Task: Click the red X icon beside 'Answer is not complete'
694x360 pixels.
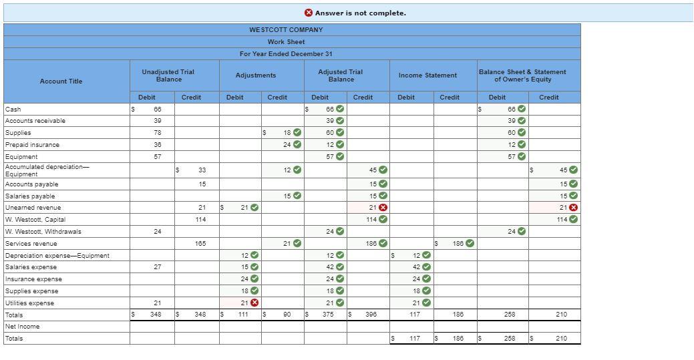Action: point(309,13)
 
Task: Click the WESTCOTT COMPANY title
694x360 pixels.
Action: point(286,30)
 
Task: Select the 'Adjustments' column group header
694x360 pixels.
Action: point(256,75)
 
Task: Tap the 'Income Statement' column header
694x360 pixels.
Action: point(427,75)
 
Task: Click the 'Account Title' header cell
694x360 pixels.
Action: point(61,81)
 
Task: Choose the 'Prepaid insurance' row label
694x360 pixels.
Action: point(32,145)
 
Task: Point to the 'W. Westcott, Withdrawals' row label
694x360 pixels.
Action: point(43,232)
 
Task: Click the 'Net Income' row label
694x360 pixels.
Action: point(22,327)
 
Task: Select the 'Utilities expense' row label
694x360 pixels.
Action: point(30,303)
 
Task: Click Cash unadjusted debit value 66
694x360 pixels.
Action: point(158,109)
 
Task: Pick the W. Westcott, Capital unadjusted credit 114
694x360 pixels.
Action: point(200,220)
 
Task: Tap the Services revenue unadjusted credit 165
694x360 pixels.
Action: point(200,244)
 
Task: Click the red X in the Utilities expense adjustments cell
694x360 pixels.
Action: point(254,303)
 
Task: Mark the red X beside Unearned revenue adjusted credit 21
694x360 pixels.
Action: point(383,208)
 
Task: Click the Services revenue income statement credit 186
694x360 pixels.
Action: point(458,244)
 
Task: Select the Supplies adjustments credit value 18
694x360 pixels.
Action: point(287,133)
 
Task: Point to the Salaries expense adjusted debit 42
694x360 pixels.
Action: point(330,267)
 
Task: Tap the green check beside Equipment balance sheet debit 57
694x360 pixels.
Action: point(522,157)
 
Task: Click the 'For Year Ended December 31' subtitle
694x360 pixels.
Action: point(286,54)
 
